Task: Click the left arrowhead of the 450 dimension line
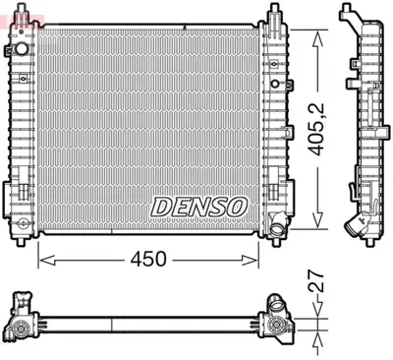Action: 41,260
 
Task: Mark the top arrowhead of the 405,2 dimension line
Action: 317,31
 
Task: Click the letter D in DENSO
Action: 160,207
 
